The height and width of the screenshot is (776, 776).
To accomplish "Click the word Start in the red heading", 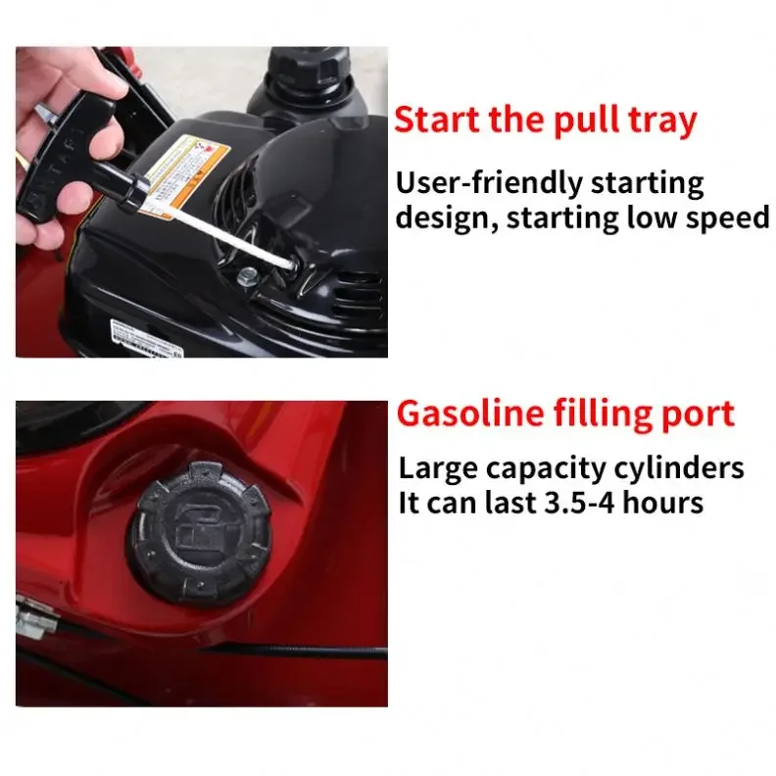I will click(436, 121).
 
